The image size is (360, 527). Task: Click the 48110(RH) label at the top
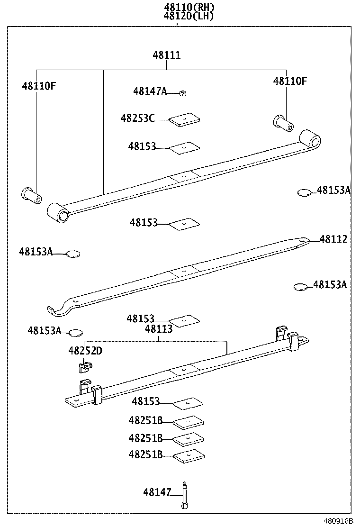click(182, 7)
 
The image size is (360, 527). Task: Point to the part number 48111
click(166, 55)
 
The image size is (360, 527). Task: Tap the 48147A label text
click(150, 91)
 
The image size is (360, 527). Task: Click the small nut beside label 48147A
click(182, 93)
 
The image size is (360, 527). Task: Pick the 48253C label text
click(137, 118)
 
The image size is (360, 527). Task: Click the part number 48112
click(333, 239)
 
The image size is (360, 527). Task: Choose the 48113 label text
click(159, 329)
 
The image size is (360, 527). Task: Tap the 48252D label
click(85, 351)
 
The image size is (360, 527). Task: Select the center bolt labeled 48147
click(184, 495)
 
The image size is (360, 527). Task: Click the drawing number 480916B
click(338, 520)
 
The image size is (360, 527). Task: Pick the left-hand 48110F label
click(39, 86)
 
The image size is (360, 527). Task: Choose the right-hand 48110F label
click(289, 81)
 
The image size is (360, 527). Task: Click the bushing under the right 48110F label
click(283, 123)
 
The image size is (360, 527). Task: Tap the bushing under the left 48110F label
click(31, 195)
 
